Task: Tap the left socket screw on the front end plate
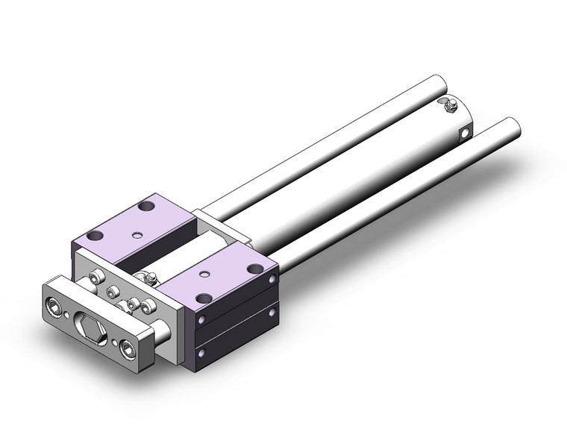pyautogui.click(x=56, y=306)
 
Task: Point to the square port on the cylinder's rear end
pyautogui.click(x=466, y=134)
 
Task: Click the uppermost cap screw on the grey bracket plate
pyautogui.click(x=94, y=278)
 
